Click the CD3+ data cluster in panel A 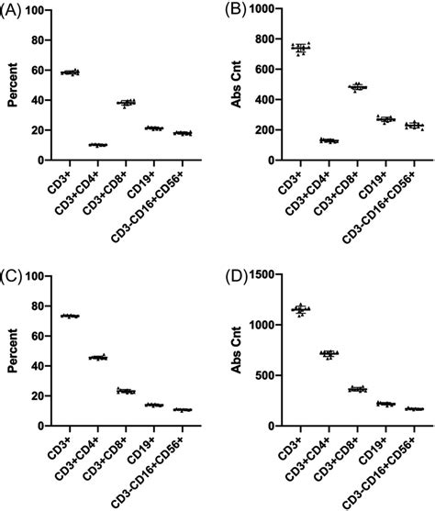70,72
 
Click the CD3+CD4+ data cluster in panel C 97,357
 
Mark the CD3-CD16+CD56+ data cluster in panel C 158,409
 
